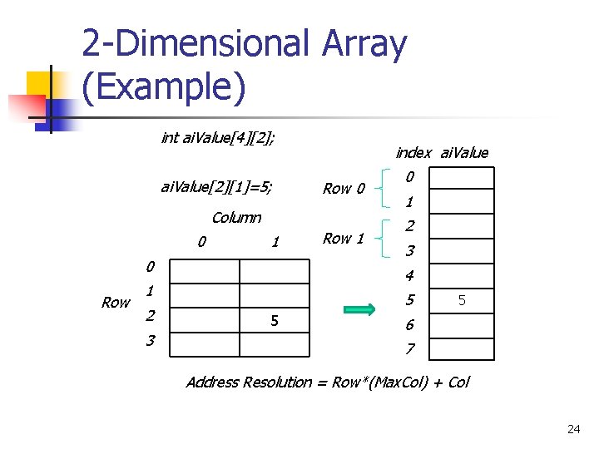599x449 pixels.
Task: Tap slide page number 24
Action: click(x=573, y=429)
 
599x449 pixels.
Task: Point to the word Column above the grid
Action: click(x=236, y=218)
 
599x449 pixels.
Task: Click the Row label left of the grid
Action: click(x=116, y=303)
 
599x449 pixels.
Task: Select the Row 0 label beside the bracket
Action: click(x=344, y=189)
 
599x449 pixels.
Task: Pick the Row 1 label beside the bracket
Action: click(x=344, y=239)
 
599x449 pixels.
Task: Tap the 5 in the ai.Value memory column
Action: click(x=463, y=300)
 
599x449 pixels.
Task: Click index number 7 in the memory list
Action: click(x=409, y=348)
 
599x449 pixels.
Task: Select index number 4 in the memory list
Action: click(x=409, y=275)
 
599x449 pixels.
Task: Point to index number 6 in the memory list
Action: click(x=409, y=324)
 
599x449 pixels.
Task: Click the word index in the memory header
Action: click(x=413, y=152)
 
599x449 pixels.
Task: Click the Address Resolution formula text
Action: click(x=327, y=382)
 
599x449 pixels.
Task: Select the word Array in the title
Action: click(x=362, y=45)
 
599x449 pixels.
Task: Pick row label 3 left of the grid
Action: click(x=150, y=341)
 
